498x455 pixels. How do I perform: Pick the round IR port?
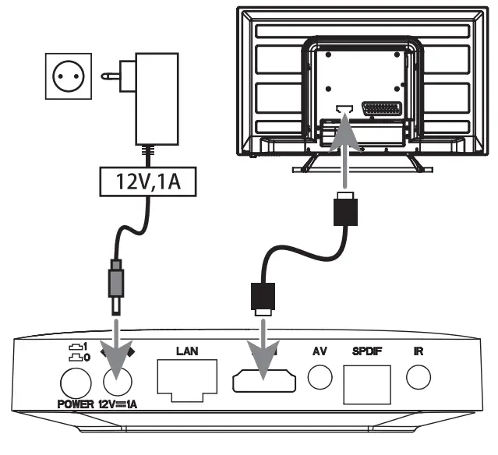(419, 377)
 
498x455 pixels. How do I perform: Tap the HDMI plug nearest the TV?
(344, 210)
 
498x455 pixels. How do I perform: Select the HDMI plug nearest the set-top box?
(262, 297)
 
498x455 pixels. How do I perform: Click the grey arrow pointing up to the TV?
(344, 148)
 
